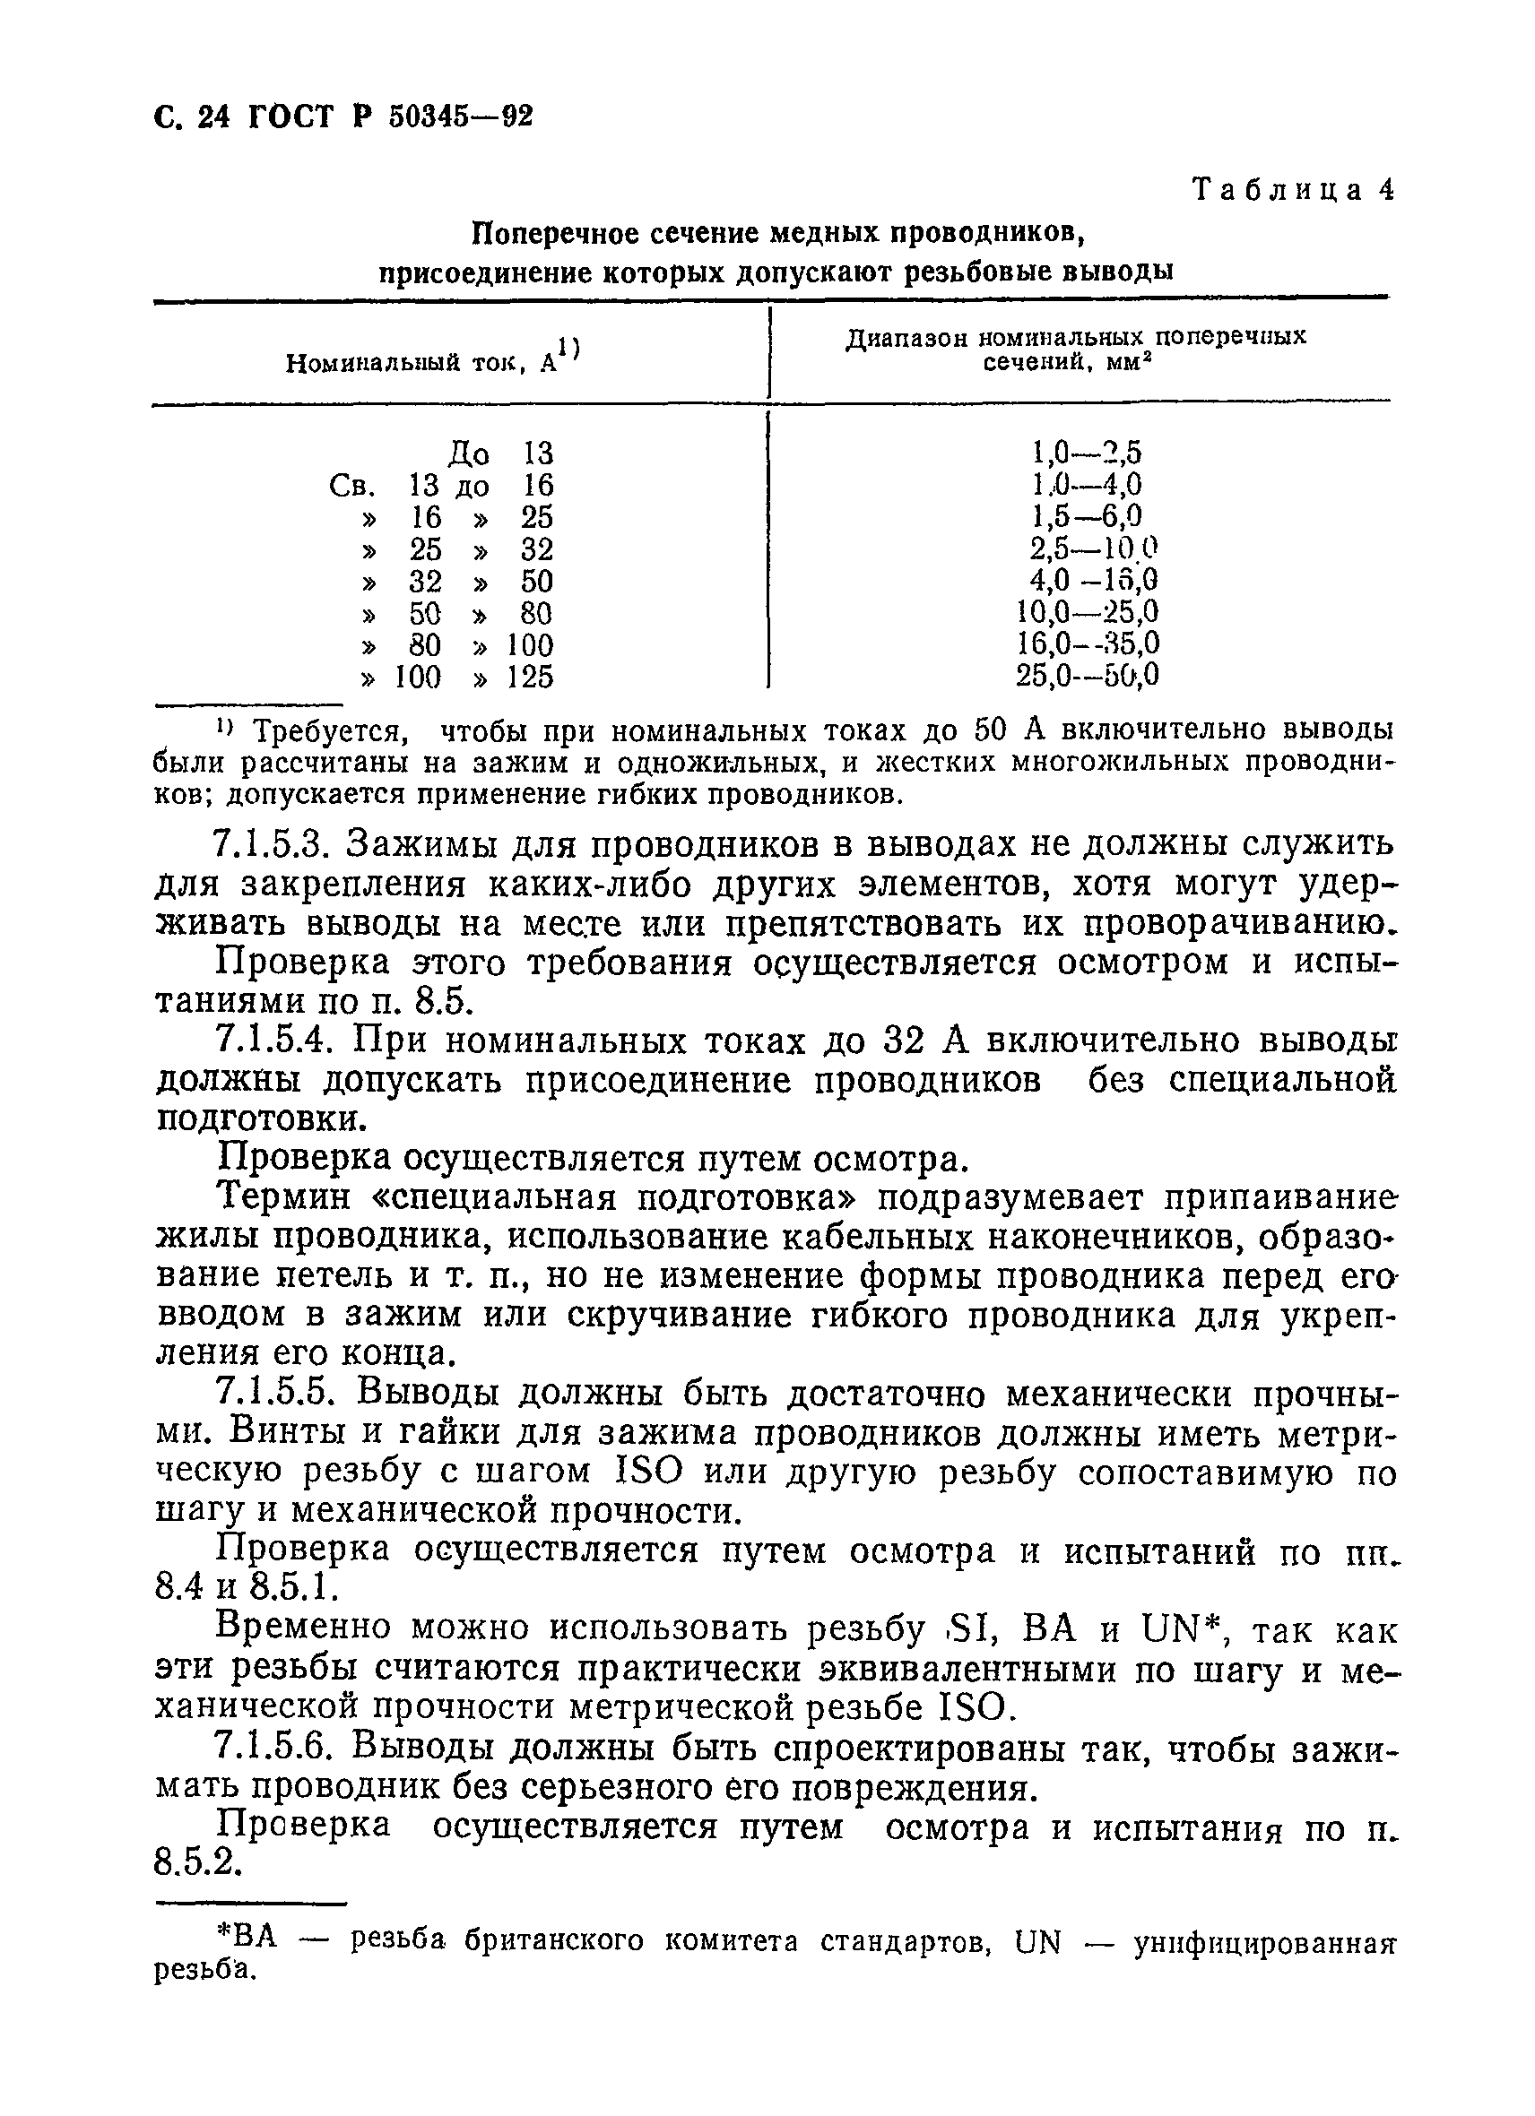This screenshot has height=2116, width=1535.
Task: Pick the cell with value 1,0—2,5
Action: point(1086,453)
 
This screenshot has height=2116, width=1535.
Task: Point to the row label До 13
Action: point(500,454)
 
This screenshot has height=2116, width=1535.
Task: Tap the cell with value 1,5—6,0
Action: point(1086,517)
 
